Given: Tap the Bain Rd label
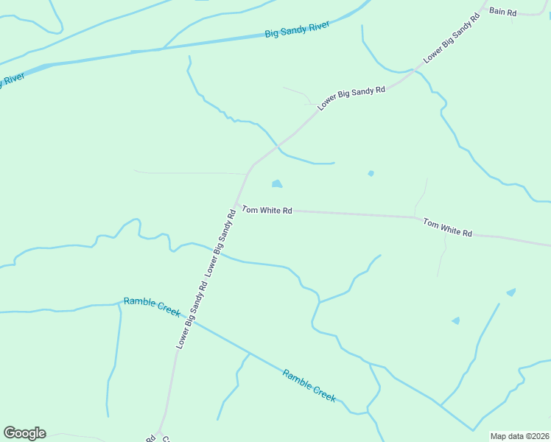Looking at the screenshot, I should [502, 12].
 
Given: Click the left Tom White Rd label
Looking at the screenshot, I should [267, 210].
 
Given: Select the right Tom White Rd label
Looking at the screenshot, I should [447, 226].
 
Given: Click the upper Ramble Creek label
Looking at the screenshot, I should [152, 306].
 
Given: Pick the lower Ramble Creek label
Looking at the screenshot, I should [309, 385].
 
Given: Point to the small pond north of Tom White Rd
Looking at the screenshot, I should [277, 183].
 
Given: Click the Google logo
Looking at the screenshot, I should [24, 433].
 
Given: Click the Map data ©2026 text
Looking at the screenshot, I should [519, 436].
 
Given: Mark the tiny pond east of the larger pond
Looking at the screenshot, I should [371, 174].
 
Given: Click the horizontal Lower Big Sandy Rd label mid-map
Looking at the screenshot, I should [351, 98].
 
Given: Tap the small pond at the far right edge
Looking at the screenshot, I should [510, 292].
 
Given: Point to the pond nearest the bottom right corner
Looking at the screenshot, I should [456, 320].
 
